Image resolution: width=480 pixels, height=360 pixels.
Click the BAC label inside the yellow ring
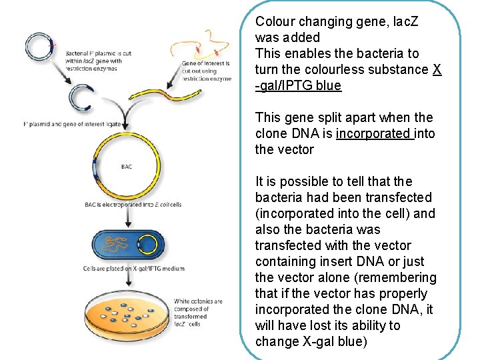coord(127,167)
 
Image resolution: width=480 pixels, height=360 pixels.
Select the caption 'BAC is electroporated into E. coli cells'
coord(133,204)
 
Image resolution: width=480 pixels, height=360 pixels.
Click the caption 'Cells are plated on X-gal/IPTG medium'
coord(133,269)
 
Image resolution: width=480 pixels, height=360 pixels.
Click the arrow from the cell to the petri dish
coord(127,279)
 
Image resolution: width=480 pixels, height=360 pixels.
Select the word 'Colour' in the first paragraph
coord(277,21)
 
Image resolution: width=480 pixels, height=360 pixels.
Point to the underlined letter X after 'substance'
coord(437,69)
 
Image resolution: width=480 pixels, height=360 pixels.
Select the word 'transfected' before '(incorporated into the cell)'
coord(401,197)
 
